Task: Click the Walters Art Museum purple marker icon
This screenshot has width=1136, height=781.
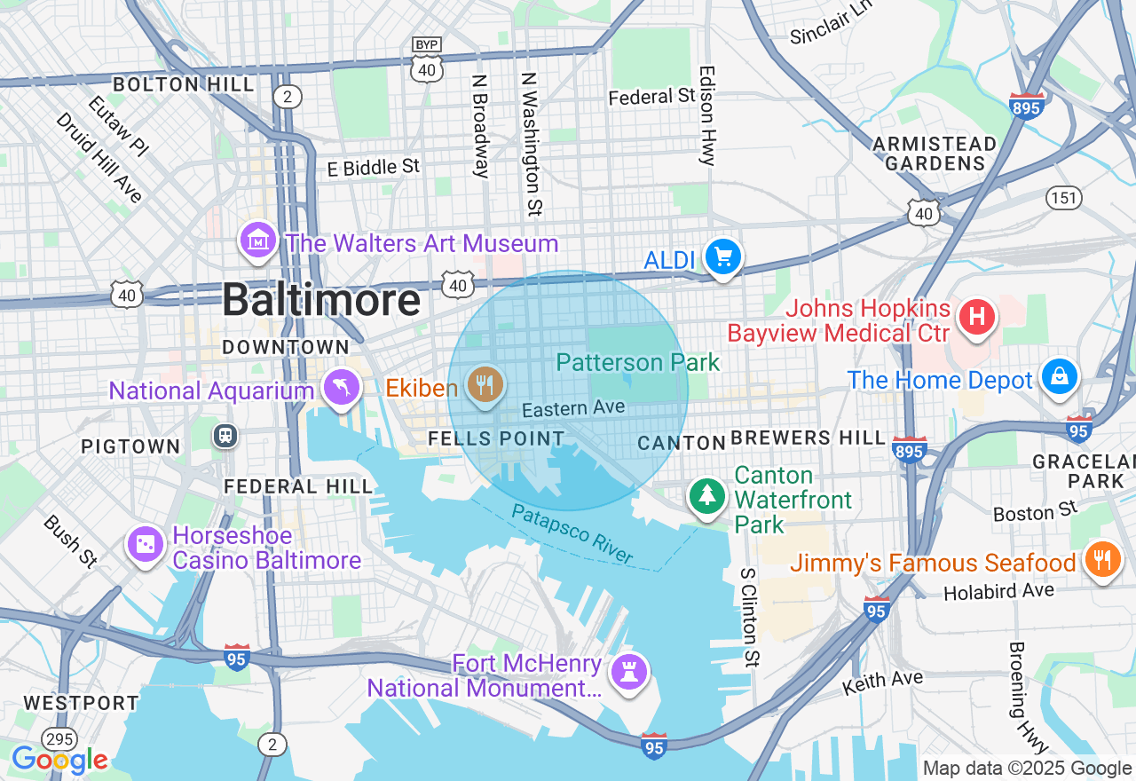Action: point(258,240)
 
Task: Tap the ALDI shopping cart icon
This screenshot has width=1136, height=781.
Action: point(723,257)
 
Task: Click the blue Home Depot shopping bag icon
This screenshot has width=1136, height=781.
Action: point(1060,377)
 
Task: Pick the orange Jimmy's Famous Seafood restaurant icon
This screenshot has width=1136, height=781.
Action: point(1101,560)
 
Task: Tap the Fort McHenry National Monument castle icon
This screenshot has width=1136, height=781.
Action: point(629,674)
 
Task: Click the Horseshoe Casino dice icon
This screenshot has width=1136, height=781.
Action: point(146,545)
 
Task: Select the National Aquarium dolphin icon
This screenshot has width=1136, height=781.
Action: point(342,388)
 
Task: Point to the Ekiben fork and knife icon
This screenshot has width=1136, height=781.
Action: point(485,385)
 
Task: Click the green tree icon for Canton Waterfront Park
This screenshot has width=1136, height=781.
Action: point(707,496)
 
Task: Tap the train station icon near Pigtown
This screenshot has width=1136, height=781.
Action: point(226,435)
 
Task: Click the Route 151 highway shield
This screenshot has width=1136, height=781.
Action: point(1063,197)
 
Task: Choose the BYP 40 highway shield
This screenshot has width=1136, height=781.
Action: point(427,62)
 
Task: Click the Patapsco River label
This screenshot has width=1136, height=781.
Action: point(572,534)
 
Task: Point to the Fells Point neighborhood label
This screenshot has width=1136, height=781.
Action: point(496,438)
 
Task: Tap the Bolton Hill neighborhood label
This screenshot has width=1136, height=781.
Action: point(183,85)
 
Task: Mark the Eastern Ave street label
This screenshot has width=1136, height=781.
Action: point(573,408)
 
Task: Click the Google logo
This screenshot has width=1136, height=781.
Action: point(59,760)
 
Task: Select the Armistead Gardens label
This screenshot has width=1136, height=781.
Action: point(935,154)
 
